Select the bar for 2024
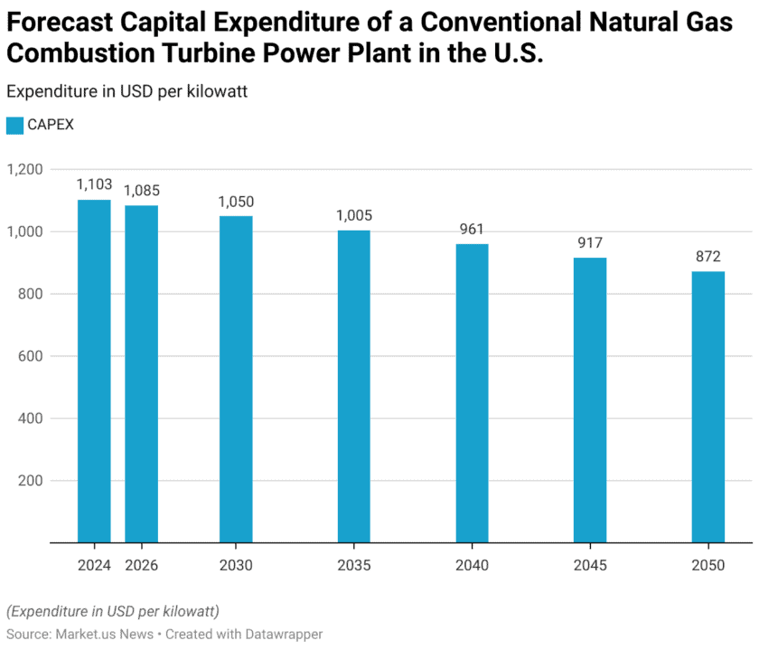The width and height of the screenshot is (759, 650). tap(94, 371)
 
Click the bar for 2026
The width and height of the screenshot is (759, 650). tap(141, 374)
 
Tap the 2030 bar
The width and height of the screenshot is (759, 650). tap(236, 380)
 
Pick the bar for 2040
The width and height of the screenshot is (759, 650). tap(472, 393)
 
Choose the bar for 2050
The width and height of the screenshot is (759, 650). tap(707, 407)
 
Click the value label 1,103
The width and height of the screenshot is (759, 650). tap(94, 184)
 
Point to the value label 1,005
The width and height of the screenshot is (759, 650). tap(353, 215)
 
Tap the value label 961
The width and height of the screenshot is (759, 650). tap(472, 229)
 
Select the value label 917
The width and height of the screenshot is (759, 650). tap(590, 242)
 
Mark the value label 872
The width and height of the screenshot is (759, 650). tap(707, 257)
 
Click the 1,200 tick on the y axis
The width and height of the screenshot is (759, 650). tap(25, 169)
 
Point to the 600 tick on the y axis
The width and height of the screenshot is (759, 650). tap(31, 356)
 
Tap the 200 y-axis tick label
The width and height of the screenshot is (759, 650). tap(31, 481)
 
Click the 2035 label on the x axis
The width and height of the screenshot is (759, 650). tap(353, 565)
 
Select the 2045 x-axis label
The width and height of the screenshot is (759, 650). tap(590, 565)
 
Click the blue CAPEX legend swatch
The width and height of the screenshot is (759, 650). tap(14, 126)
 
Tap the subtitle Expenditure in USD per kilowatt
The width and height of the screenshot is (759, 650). tap(126, 90)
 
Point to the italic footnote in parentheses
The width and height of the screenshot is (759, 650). tap(113, 611)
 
